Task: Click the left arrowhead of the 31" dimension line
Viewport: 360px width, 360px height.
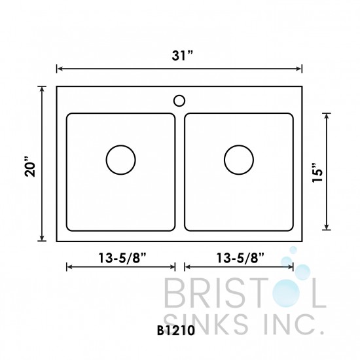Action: [60, 67]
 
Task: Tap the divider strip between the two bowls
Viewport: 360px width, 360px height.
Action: [180, 173]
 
